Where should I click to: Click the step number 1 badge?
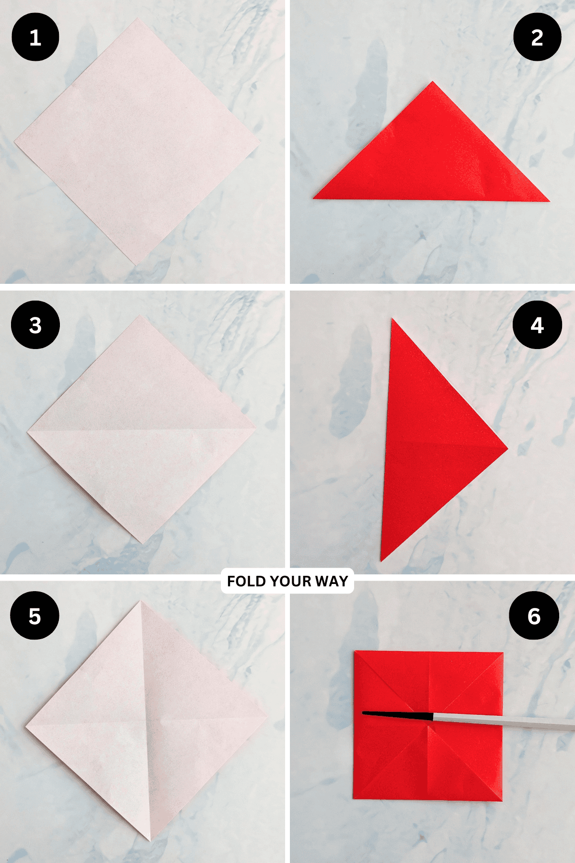35,37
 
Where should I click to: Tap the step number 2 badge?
537,37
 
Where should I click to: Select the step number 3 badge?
35,325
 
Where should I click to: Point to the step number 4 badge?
537,325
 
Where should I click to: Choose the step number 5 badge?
34,616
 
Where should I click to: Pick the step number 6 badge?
534,616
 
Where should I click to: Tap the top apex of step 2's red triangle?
432,82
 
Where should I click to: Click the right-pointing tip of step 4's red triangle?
507,449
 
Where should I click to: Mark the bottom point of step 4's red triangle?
381,560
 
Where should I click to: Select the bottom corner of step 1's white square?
135,264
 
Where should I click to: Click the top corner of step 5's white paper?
141,601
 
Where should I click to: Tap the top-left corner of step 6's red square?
355,652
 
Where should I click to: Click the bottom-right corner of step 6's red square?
502,800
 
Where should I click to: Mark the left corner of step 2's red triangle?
314,198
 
